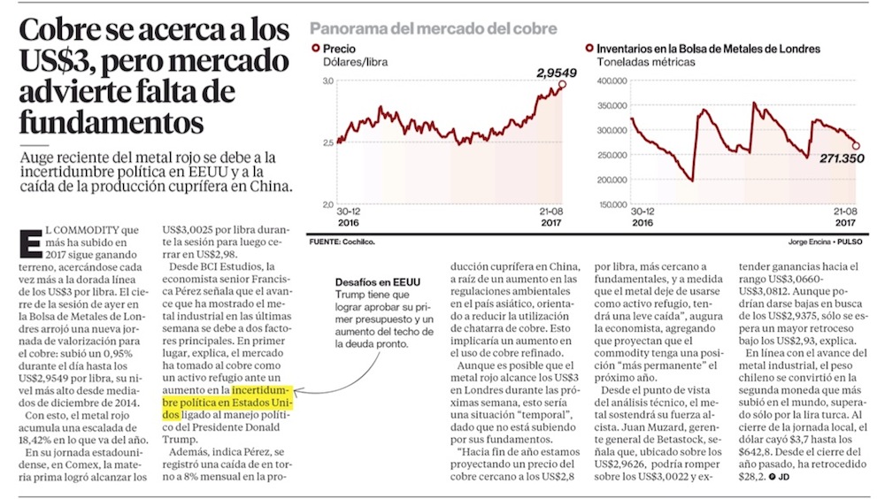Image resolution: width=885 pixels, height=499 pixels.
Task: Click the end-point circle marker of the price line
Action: coord(563,85)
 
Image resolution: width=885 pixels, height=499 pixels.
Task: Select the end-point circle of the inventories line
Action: coord(855,146)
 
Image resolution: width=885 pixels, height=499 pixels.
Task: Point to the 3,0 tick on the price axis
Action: coord(327,81)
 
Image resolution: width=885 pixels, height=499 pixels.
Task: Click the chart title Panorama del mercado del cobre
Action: coord(433,29)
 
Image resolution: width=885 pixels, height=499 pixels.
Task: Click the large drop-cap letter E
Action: coord(30,245)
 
